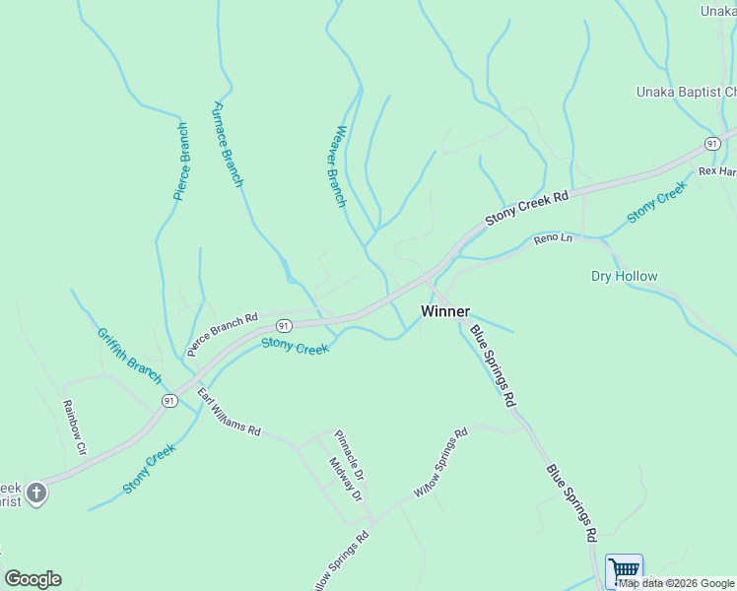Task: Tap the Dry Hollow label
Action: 624,276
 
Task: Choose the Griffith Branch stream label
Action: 129,356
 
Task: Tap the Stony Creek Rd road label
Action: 527,210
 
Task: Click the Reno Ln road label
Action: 552,238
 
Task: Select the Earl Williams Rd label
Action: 229,414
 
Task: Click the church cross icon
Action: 36,492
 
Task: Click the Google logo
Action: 33,579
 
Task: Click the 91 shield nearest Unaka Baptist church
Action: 711,144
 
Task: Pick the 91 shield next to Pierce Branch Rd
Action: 283,325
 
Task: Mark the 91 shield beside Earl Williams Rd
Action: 168,400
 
